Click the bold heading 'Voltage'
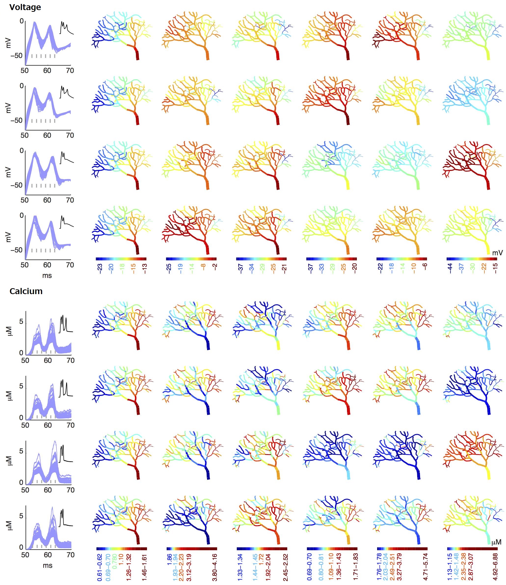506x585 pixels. click(25, 7)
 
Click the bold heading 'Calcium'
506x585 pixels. click(26, 291)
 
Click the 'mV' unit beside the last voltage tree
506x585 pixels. click(497, 253)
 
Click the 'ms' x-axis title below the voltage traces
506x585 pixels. click(47, 275)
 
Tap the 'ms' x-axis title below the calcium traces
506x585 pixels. click(47, 565)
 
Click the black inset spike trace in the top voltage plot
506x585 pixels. click(67, 28)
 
